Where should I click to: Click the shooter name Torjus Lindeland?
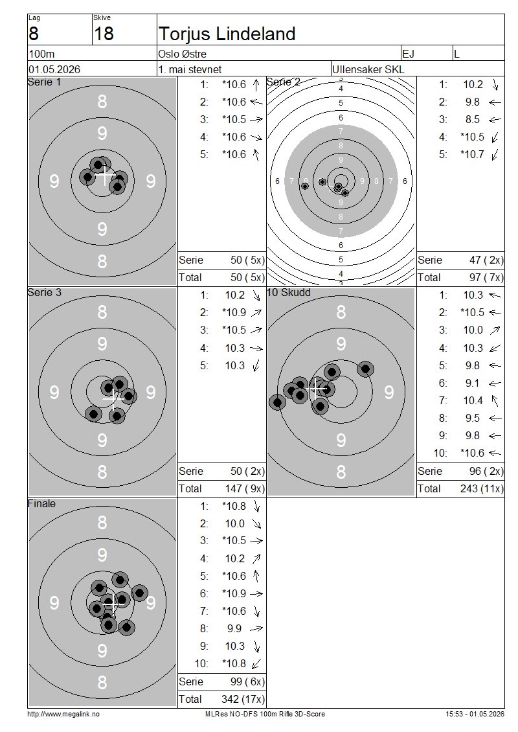pyautogui.click(x=227, y=34)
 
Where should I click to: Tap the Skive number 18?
pyautogui.click(x=104, y=34)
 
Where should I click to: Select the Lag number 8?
pyautogui.click(x=34, y=34)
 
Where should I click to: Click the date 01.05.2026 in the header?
pyautogui.click(x=54, y=69)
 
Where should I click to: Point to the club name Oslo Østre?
pyautogui.click(x=182, y=54)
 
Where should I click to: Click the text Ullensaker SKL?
pyautogui.click(x=368, y=69)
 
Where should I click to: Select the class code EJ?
pyautogui.click(x=408, y=54)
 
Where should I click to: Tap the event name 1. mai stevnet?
pyautogui.click(x=190, y=69)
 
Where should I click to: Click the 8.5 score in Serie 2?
pyautogui.click(x=472, y=119)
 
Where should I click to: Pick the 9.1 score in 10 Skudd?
pyautogui.click(x=472, y=383)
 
